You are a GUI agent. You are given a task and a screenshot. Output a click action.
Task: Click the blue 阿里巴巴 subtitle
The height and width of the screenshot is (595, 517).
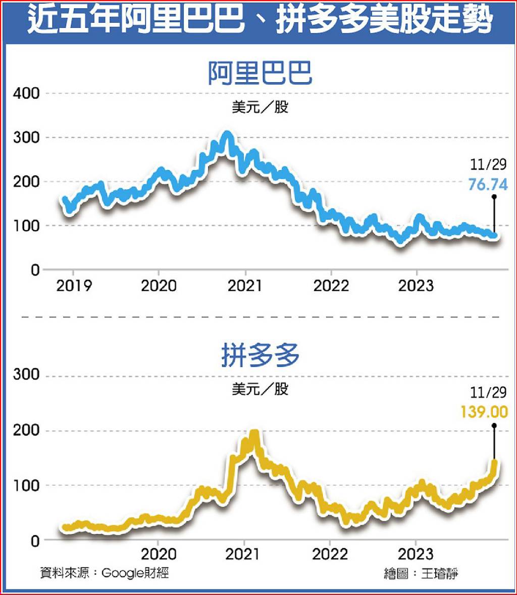pos(260,74)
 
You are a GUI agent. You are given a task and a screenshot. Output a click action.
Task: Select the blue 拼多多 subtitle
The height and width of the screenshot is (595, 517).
pos(260,356)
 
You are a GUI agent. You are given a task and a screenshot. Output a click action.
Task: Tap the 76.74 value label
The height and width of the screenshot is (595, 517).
pos(487,184)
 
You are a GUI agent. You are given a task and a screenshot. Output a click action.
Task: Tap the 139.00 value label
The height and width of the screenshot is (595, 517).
pos(484,412)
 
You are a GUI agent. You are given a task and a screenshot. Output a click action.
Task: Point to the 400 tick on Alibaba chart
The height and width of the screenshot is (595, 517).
pos(26,93)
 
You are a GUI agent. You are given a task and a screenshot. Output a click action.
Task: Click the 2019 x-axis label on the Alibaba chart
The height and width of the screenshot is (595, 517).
pos(74,286)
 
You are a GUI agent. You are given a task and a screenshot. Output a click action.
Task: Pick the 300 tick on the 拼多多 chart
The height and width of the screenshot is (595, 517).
pos(26,375)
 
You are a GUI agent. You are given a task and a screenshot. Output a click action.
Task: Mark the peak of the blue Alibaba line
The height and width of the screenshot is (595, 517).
pos(227,135)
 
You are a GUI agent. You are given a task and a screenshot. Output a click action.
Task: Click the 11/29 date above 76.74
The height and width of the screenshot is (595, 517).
pos(488,165)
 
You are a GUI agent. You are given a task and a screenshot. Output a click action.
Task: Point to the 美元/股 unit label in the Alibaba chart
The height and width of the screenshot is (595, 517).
pos(260,107)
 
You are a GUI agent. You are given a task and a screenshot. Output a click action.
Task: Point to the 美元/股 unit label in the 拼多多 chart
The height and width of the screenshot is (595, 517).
pos(260,389)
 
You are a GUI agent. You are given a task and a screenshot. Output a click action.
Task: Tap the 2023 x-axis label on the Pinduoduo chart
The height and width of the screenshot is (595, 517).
pos(416,554)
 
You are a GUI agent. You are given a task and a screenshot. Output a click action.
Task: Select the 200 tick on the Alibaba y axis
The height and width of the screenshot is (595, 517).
pos(26,182)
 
